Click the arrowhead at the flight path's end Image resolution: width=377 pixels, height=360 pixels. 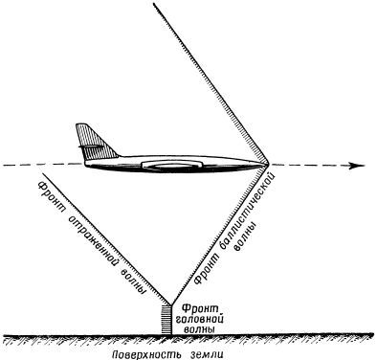358,166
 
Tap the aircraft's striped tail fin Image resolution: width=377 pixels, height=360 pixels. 94,143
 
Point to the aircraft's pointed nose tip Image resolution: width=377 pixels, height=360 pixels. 269,164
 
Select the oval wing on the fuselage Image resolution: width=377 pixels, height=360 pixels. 172,165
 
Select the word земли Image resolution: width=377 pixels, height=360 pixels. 208,354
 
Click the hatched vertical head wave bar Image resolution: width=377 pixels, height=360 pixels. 166,320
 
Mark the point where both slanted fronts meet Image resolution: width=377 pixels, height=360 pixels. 171,305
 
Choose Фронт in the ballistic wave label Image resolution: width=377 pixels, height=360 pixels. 203,269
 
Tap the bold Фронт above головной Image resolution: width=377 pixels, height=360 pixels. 200,309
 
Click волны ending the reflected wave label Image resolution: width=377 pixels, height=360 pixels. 134,280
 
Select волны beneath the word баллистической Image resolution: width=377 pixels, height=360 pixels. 246,238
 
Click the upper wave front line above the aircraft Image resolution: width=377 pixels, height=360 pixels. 211,83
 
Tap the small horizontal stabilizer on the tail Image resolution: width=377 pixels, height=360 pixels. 91,146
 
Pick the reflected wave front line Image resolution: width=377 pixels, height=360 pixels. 107,239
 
